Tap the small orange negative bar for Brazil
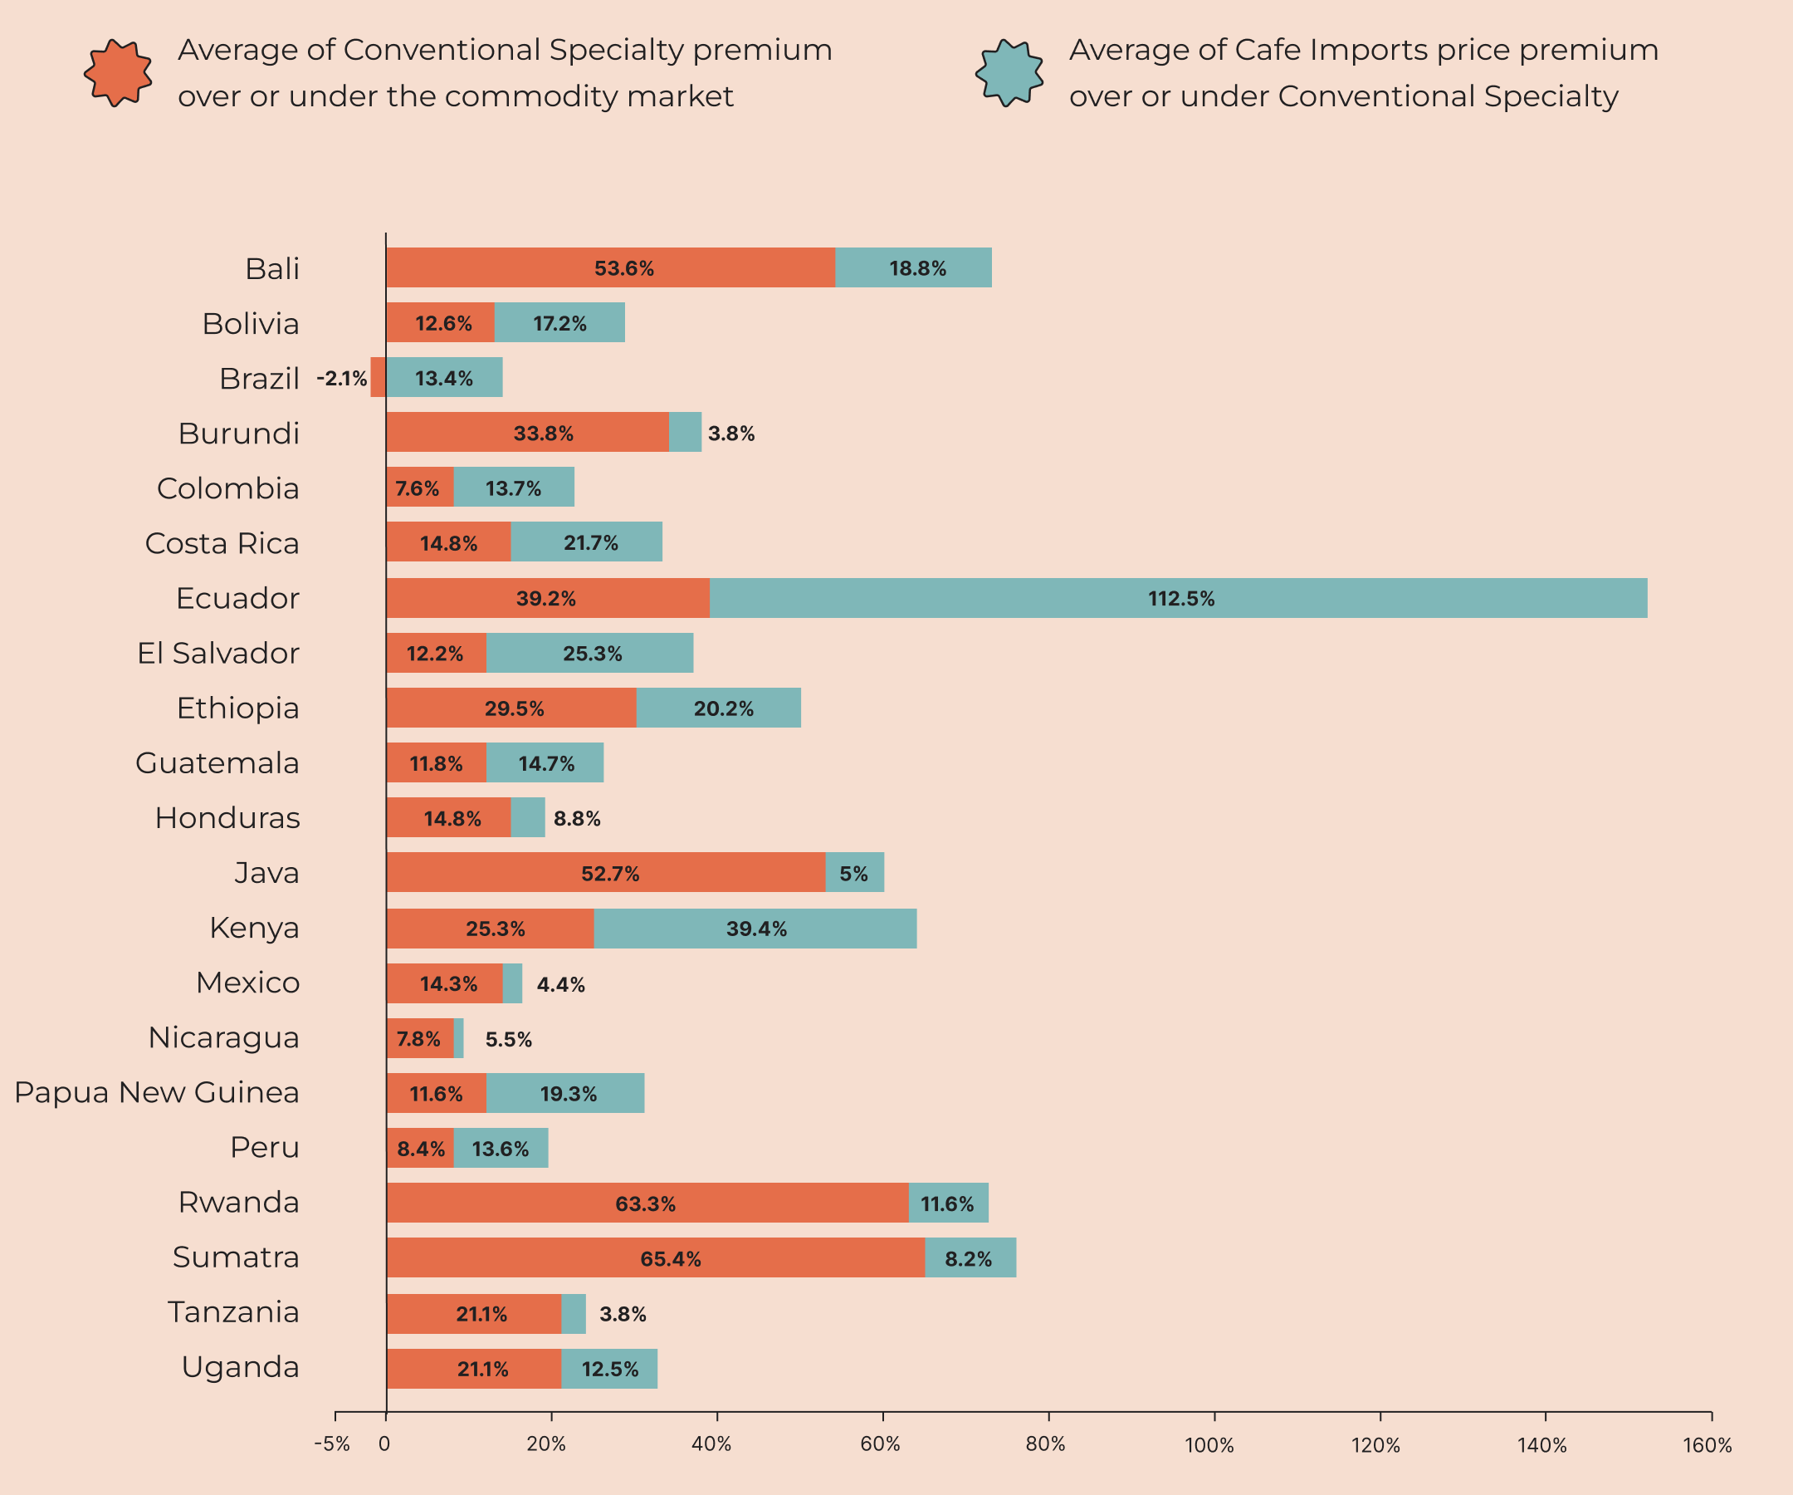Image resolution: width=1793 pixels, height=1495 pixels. click(x=379, y=378)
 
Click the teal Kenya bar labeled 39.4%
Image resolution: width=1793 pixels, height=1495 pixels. click(x=755, y=929)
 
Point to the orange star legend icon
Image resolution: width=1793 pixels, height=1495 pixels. click(x=118, y=72)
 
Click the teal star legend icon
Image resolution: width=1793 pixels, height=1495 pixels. click(x=1009, y=72)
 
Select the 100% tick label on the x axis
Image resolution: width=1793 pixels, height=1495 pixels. click(x=1209, y=1445)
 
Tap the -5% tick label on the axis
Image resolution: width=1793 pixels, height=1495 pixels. click(x=332, y=1444)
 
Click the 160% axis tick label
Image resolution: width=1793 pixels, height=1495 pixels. click(x=1707, y=1445)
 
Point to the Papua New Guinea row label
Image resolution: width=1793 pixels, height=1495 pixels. click(x=157, y=1093)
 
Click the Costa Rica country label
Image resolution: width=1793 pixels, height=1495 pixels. click(x=222, y=543)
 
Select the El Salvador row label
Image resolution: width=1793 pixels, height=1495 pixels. click(x=218, y=654)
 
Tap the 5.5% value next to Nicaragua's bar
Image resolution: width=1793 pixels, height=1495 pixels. click(x=508, y=1040)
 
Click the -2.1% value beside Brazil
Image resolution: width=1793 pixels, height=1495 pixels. click(x=341, y=379)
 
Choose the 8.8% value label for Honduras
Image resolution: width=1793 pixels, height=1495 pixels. click(x=576, y=818)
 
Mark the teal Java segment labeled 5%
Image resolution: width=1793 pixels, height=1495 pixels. click(x=854, y=873)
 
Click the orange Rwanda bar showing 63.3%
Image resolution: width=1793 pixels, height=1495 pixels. click(x=647, y=1203)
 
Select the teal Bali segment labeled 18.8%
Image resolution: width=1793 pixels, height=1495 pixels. click(x=916, y=268)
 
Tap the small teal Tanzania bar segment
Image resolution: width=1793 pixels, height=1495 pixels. click(x=573, y=1313)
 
